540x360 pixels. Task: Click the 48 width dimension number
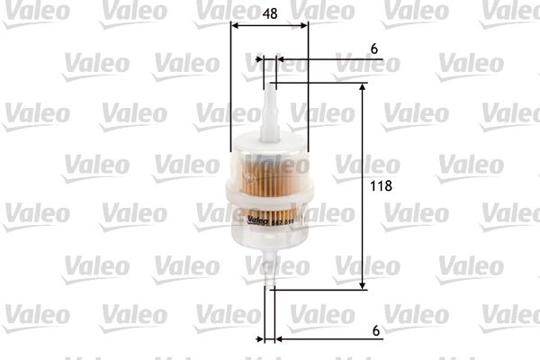[269, 13]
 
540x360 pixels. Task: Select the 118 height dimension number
[383, 188]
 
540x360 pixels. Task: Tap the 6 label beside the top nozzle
[372, 49]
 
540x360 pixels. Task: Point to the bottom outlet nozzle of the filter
[269, 270]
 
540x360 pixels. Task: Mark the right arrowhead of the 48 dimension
[304, 27]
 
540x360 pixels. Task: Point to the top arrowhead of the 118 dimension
[364, 88]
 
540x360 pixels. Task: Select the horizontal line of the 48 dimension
[269, 27]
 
